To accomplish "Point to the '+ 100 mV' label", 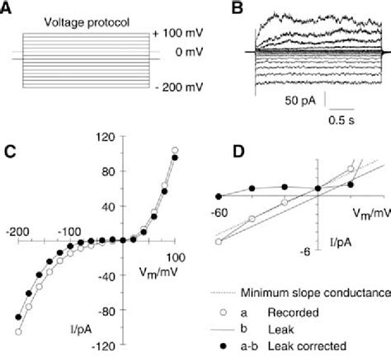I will coord(177,33).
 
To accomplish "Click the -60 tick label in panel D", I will coord(220,213).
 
